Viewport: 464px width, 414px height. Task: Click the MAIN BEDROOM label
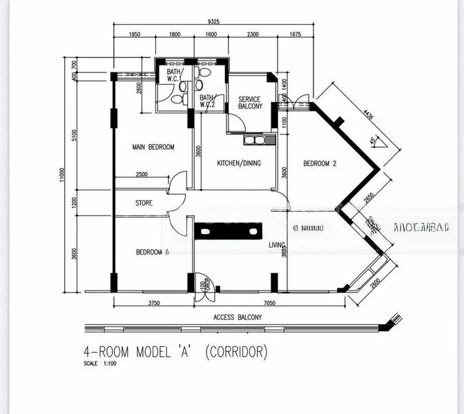(x=153, y=147)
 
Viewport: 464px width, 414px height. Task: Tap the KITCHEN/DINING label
(x=235, y=163)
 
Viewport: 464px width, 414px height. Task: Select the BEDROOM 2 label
(x=320, y=164)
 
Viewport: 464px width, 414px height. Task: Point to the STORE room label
(x=144, y=203)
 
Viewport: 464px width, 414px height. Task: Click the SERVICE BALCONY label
(x=250, y=103)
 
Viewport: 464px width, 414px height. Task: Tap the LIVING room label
(x=277, y=244)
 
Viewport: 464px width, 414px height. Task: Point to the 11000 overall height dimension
(x=61, y=175)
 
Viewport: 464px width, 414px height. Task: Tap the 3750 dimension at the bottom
(x=153, y=302)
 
